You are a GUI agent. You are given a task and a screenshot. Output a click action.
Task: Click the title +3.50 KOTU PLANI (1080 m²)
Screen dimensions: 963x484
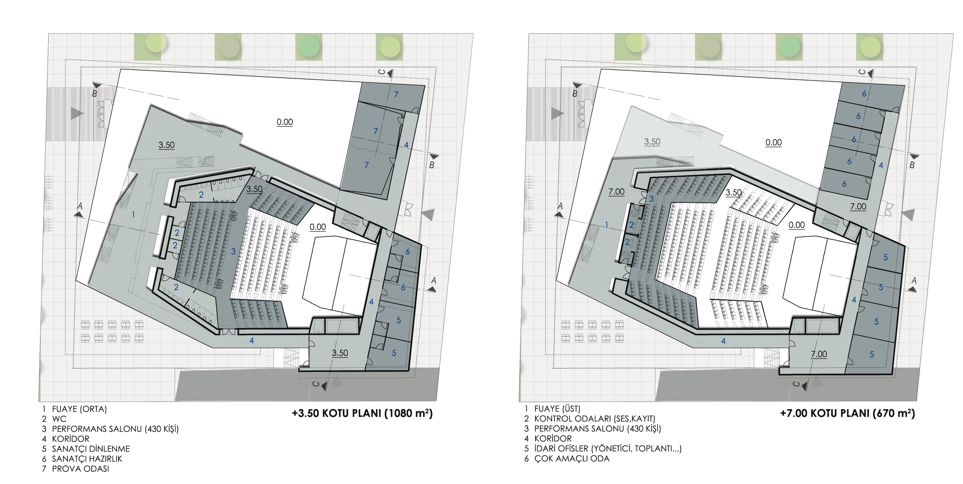(x=362, y=413)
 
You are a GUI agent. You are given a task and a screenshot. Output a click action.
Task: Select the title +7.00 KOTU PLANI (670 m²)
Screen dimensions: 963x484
(x=848, y=413)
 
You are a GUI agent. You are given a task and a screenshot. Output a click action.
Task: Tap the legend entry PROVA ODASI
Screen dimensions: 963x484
(x=80, y=469)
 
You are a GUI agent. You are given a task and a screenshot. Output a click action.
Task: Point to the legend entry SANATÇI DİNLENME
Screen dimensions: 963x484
(x=91, y=449)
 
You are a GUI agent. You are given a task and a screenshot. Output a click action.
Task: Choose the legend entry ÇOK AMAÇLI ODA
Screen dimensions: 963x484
(x=572, y=459)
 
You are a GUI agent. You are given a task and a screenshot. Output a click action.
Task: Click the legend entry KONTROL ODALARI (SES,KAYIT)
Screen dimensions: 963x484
(x=594, y=419)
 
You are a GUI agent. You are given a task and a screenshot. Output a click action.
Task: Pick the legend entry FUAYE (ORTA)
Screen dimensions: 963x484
(x=79, y=409)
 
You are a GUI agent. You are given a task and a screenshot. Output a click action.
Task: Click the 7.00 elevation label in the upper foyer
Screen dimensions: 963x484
(x=617, y=192)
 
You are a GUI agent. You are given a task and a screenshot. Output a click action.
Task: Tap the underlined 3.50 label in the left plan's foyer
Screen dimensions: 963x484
(x=166, y=145)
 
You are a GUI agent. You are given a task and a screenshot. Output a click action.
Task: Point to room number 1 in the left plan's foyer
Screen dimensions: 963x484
(x=133, y=215)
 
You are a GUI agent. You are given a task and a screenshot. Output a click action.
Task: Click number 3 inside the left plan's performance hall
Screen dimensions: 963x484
(x=233, y=251)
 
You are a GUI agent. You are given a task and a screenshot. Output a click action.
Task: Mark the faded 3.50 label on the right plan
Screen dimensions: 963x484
(x=652, y=142)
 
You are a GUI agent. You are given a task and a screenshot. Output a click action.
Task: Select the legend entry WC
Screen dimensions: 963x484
(x=59, y=419)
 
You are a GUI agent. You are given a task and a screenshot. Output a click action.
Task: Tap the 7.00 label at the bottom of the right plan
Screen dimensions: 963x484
(x=819, y=354)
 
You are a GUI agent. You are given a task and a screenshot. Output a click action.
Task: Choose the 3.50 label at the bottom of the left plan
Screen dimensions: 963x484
(x=340, y=353)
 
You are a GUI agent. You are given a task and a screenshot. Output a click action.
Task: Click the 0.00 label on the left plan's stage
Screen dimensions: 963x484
(x=318, y=227)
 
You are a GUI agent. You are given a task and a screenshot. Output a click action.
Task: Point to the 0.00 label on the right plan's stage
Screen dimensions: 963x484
(x=797, y=225)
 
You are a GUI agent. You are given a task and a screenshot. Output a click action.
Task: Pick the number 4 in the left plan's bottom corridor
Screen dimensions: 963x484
(x=252, y=340)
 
